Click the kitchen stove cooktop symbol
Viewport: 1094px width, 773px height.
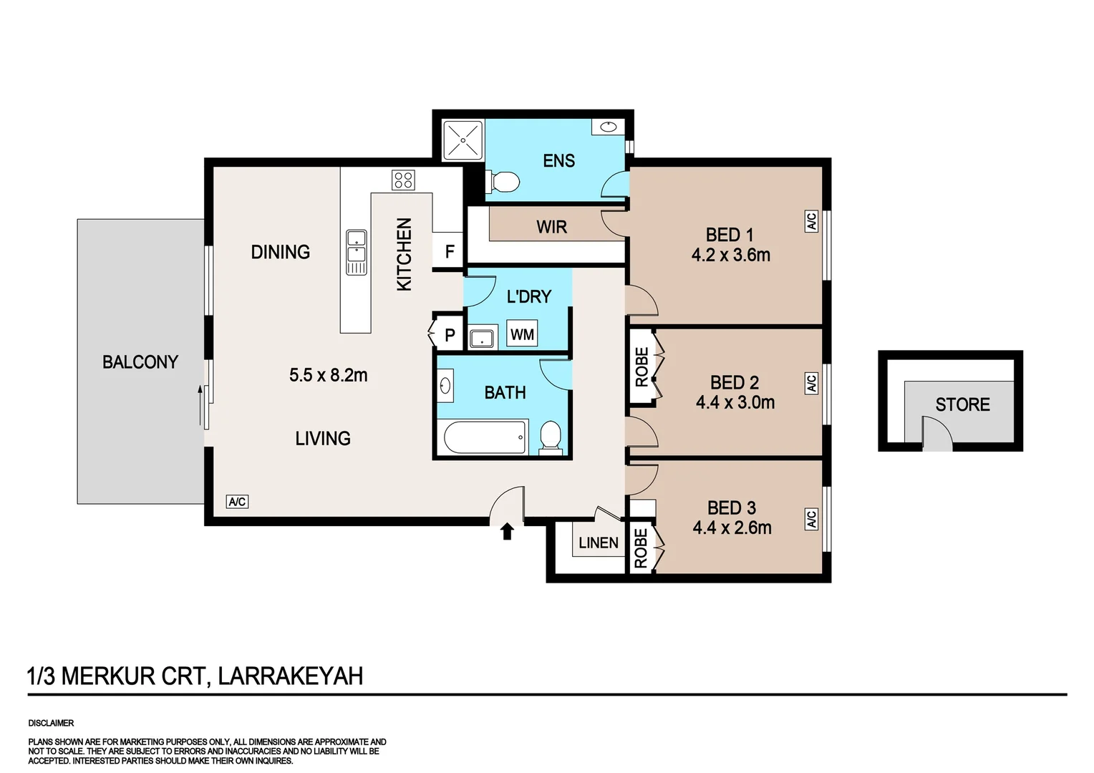click(403, 180)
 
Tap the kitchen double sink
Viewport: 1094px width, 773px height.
click(356, 252)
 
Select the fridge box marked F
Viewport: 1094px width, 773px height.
click(449, 251)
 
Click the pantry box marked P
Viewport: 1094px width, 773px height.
click(449, 334)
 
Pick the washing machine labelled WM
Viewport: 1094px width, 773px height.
click(522, 334)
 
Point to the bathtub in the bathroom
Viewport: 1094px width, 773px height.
click(485, 437)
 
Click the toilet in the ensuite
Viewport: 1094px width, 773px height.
click(503, 182)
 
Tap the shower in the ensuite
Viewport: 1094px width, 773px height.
click(463, 140)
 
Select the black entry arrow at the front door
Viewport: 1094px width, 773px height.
click(507, 531)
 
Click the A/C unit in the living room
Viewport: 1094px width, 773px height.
click(237, 502)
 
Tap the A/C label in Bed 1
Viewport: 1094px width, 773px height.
click(811, 221)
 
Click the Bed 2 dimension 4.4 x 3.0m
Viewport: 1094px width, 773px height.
click(735, 402)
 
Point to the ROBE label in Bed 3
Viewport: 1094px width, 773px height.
click(641, 548)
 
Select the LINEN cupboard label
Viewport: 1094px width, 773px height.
click(598, 543)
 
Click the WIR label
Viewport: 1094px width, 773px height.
click(551, 227)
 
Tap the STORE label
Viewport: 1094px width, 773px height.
click(962, 404)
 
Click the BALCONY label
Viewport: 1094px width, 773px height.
click(140, 362)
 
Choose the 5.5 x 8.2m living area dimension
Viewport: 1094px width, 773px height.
click(328, 375)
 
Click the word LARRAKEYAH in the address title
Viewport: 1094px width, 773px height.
click(290, 676)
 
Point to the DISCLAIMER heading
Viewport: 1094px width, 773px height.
click(51, 723)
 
